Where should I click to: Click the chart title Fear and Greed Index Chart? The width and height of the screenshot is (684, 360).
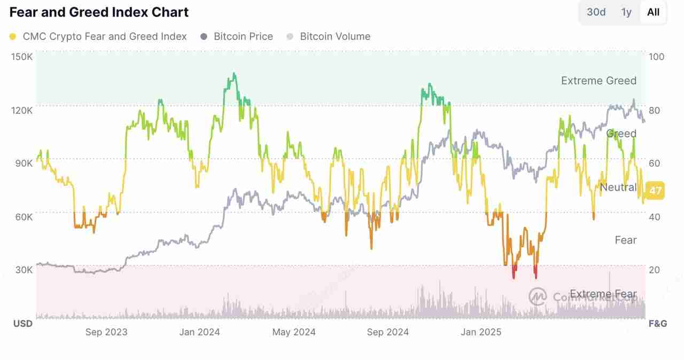pyautogui.click(x=99, y=12)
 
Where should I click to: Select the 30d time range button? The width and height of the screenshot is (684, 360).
pyautogui.click(x=596, y=12)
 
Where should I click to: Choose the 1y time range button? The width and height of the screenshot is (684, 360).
pyautogui.click(x=626, y=12)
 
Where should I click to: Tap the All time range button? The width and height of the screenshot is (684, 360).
pyautogui.click(x=653, y=12)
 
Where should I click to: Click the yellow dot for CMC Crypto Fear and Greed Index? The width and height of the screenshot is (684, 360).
pyautogui.click(x=13, y=37)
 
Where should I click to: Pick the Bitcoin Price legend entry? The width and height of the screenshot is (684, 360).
pyautogui.click(x=243, y=37)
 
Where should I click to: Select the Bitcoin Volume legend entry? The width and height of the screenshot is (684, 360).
pyautogui.click(x=335, y=37)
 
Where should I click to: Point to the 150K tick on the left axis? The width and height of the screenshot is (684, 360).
pyautogui.click(x=21, y=57)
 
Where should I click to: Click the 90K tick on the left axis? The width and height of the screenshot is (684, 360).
pyautogui.click(x=23, y=163)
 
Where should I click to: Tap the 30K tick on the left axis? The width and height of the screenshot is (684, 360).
pyautogui.click(x=23, y=270)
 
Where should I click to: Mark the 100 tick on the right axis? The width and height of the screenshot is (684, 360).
pyautogui.click(x=656, y=57)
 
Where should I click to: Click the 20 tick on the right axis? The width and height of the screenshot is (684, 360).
pyautogui.click(x=654, y=270)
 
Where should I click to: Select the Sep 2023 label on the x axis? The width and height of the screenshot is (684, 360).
pyautogui.click(x=106, y=332)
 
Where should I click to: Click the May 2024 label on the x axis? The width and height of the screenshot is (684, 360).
pyautogui.click(x=294, y=332)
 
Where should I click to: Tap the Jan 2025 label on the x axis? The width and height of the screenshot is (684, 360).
pyautogui.click(x=481, y=332)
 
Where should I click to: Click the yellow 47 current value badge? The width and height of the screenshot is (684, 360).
pyautogui.click(x=655, y=190)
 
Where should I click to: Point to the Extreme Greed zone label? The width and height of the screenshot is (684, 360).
pyautogui.click(x=598, y=81)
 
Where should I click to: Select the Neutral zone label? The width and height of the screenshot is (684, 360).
pyautogui.click(x=618, y=187)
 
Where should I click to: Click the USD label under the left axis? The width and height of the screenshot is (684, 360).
pyautogui.click(x=22, y=324)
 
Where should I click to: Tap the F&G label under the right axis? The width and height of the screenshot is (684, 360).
pyautogui.click(x=657, y=324)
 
